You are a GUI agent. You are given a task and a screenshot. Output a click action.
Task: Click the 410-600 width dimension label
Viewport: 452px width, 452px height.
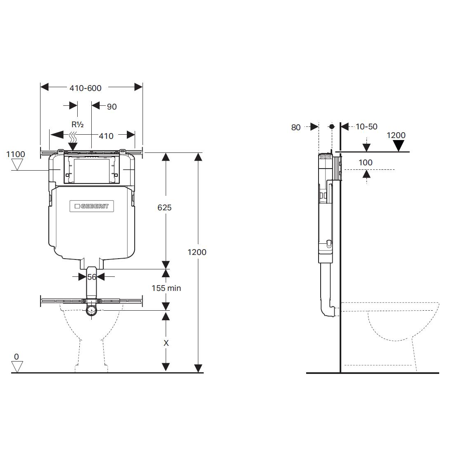click(x=86, y=88)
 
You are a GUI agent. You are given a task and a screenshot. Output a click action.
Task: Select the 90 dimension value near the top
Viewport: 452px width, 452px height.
click(x=112, y=107)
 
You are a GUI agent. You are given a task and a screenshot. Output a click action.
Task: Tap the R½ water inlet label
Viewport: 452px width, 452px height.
click(x=77, y=124)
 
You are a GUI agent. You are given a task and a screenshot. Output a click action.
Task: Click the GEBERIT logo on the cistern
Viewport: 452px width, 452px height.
click(x=91, y=206)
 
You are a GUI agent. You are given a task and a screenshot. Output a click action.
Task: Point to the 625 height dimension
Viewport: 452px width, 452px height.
click(x=164, y=207)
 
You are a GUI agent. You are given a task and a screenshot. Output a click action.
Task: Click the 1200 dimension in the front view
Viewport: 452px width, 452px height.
click(x=197, y=252)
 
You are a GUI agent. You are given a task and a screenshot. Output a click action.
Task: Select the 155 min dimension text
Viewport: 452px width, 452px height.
click(x=166, y=288)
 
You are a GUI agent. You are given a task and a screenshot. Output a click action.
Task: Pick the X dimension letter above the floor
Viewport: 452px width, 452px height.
click(x=166, y=343)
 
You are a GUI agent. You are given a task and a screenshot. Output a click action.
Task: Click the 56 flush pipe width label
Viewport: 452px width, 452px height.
click(x=92, y=277)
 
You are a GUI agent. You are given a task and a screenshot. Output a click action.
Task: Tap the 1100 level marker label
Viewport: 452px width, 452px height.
click(x=16, y=154)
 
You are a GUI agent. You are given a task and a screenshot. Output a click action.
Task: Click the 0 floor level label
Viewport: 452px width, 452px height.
click(x=17, y=357)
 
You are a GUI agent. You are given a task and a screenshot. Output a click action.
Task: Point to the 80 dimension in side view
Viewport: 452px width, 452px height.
click(x=296, y=127)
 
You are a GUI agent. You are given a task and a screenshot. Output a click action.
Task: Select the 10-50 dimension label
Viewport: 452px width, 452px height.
click(x=366, y=126)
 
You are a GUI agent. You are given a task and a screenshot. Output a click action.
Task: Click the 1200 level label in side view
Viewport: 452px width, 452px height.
click(x=396, y=135)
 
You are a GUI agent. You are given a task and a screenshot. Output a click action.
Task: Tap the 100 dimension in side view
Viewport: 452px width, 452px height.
click(x=365, y=162)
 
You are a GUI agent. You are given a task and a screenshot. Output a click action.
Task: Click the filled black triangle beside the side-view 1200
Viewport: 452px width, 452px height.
click(x=398, y=145)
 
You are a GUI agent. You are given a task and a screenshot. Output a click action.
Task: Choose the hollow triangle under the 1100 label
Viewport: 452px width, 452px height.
click(x=17, y=165)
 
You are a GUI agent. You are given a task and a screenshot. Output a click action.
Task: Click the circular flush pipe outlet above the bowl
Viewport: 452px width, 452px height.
click(x=91, y=310)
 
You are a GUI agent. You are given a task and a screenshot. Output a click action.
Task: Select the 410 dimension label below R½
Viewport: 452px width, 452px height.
click(x=106, y=136)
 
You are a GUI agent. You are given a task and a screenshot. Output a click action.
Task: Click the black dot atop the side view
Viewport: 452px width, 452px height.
click(x=331, y=126)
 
